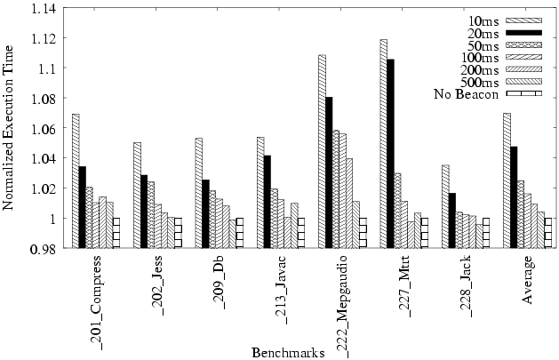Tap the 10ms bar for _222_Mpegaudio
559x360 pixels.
point(322,151)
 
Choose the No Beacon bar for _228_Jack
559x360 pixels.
point(485,233)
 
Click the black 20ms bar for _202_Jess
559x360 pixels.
point(144,212)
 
